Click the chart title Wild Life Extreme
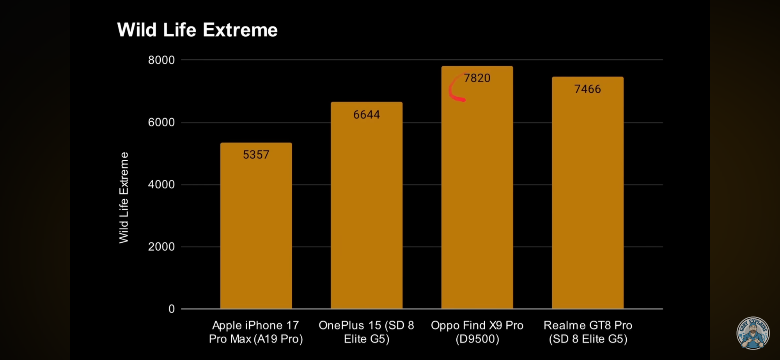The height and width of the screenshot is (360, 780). [197, 30]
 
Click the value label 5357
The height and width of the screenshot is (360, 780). [256, 155]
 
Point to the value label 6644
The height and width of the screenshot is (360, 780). [366, 115]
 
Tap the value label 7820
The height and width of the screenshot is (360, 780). [477, 78]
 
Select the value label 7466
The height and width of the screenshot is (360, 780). [587, 89]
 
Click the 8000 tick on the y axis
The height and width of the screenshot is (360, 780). [161, 60]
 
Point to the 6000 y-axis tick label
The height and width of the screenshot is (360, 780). [161, 122]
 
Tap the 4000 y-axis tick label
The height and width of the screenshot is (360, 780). [161, 184]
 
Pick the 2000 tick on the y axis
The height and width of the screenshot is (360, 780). [161, 247]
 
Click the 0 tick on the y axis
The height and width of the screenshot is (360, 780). [172, 309]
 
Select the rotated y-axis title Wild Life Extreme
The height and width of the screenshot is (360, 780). [124, 198]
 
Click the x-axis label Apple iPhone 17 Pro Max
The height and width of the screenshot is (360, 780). [256, 332]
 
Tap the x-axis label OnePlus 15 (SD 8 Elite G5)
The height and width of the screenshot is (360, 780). [366, 332]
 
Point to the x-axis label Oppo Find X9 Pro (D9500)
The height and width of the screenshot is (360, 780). [477, 332]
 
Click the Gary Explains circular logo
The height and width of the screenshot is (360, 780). [753, 333]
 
